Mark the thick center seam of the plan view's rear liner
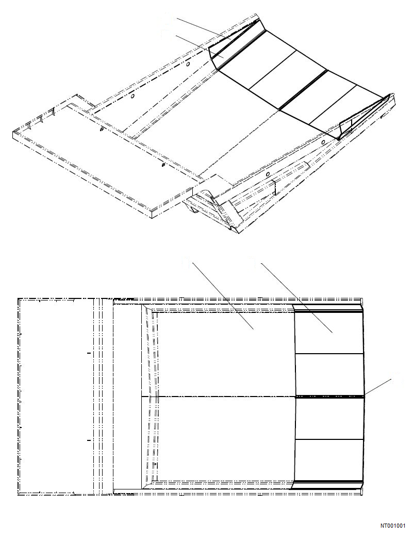[x=329, y=397]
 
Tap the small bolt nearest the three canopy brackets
[x=101, y=130]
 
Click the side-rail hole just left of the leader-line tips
[x=188, y=65]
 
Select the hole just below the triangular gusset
[x=323, y=141]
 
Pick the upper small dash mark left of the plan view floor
[x=89, y=354]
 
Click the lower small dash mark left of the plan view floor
[x=89, y=440]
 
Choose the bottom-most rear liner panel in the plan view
[x=329, y=460]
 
